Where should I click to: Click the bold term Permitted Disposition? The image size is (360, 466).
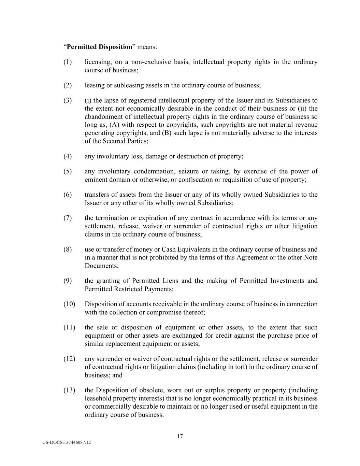click(x=99, y=47)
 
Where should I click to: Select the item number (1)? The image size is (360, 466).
click(x=68, y=62)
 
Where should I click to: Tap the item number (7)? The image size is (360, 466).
click(x=68, y=218)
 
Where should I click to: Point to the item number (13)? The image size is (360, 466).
click(x=69, y=390)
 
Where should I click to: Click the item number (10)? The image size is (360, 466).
click(x=69, y=304)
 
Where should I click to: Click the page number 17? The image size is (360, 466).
click(x=180, y=436)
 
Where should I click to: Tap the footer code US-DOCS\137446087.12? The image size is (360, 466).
click(x=67, y=442)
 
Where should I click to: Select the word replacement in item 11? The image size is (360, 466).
click(x=121, y=344)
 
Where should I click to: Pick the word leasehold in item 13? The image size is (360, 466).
click(x=99, y=398)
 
